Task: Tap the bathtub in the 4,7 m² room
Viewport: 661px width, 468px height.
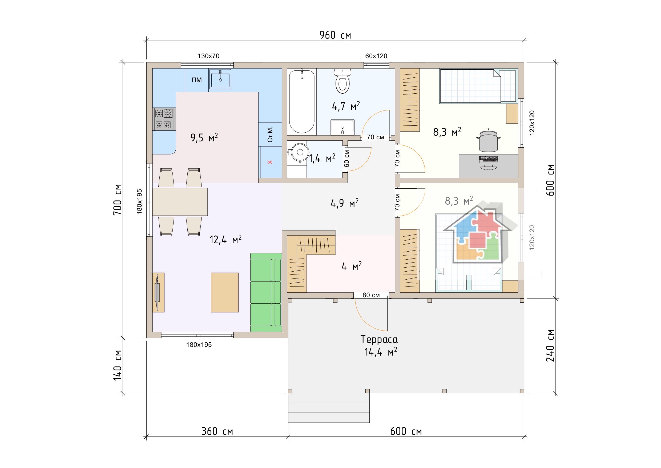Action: coord(302,101)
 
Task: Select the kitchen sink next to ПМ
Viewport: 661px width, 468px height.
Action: coord(220,79)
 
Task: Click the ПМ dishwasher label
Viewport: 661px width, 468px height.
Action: coord(197,80)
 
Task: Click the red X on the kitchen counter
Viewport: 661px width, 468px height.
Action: coord(270,162)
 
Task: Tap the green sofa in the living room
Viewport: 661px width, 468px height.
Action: coord(266,292)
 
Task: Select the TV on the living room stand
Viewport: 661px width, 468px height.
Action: coord(157,292)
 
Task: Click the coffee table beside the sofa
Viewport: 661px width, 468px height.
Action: coord(225,292)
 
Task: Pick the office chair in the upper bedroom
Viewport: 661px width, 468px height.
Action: coord(488,140)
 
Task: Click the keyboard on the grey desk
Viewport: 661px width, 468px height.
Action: coord(488,159)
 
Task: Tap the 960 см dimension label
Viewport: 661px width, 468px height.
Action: coord(335,35)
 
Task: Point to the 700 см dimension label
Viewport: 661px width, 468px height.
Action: coord(118,199)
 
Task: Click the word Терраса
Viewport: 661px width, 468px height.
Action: coord(379,339)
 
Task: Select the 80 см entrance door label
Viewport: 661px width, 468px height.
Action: coord(371,295)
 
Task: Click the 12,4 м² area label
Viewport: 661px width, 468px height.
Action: coord(225,239)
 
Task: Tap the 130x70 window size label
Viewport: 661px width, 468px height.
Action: coord(208,56)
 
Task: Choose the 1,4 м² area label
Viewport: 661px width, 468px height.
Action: coord(322,158)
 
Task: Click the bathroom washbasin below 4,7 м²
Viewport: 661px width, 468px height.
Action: coord(342,127)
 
